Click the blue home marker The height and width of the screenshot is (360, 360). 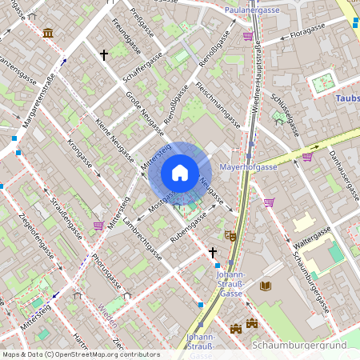tap(180, 173)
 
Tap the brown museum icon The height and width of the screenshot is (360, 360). tap(49, 33)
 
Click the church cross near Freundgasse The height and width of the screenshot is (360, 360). tap(103, 55)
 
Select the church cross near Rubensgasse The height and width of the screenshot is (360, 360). tap(213, 252)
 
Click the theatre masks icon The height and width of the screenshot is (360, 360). tap(230, 236)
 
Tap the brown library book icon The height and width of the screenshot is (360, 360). tap(266, 286)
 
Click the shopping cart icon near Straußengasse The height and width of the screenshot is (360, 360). tap(98, 226)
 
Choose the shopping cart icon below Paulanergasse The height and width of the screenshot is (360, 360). tap(248, 36)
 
